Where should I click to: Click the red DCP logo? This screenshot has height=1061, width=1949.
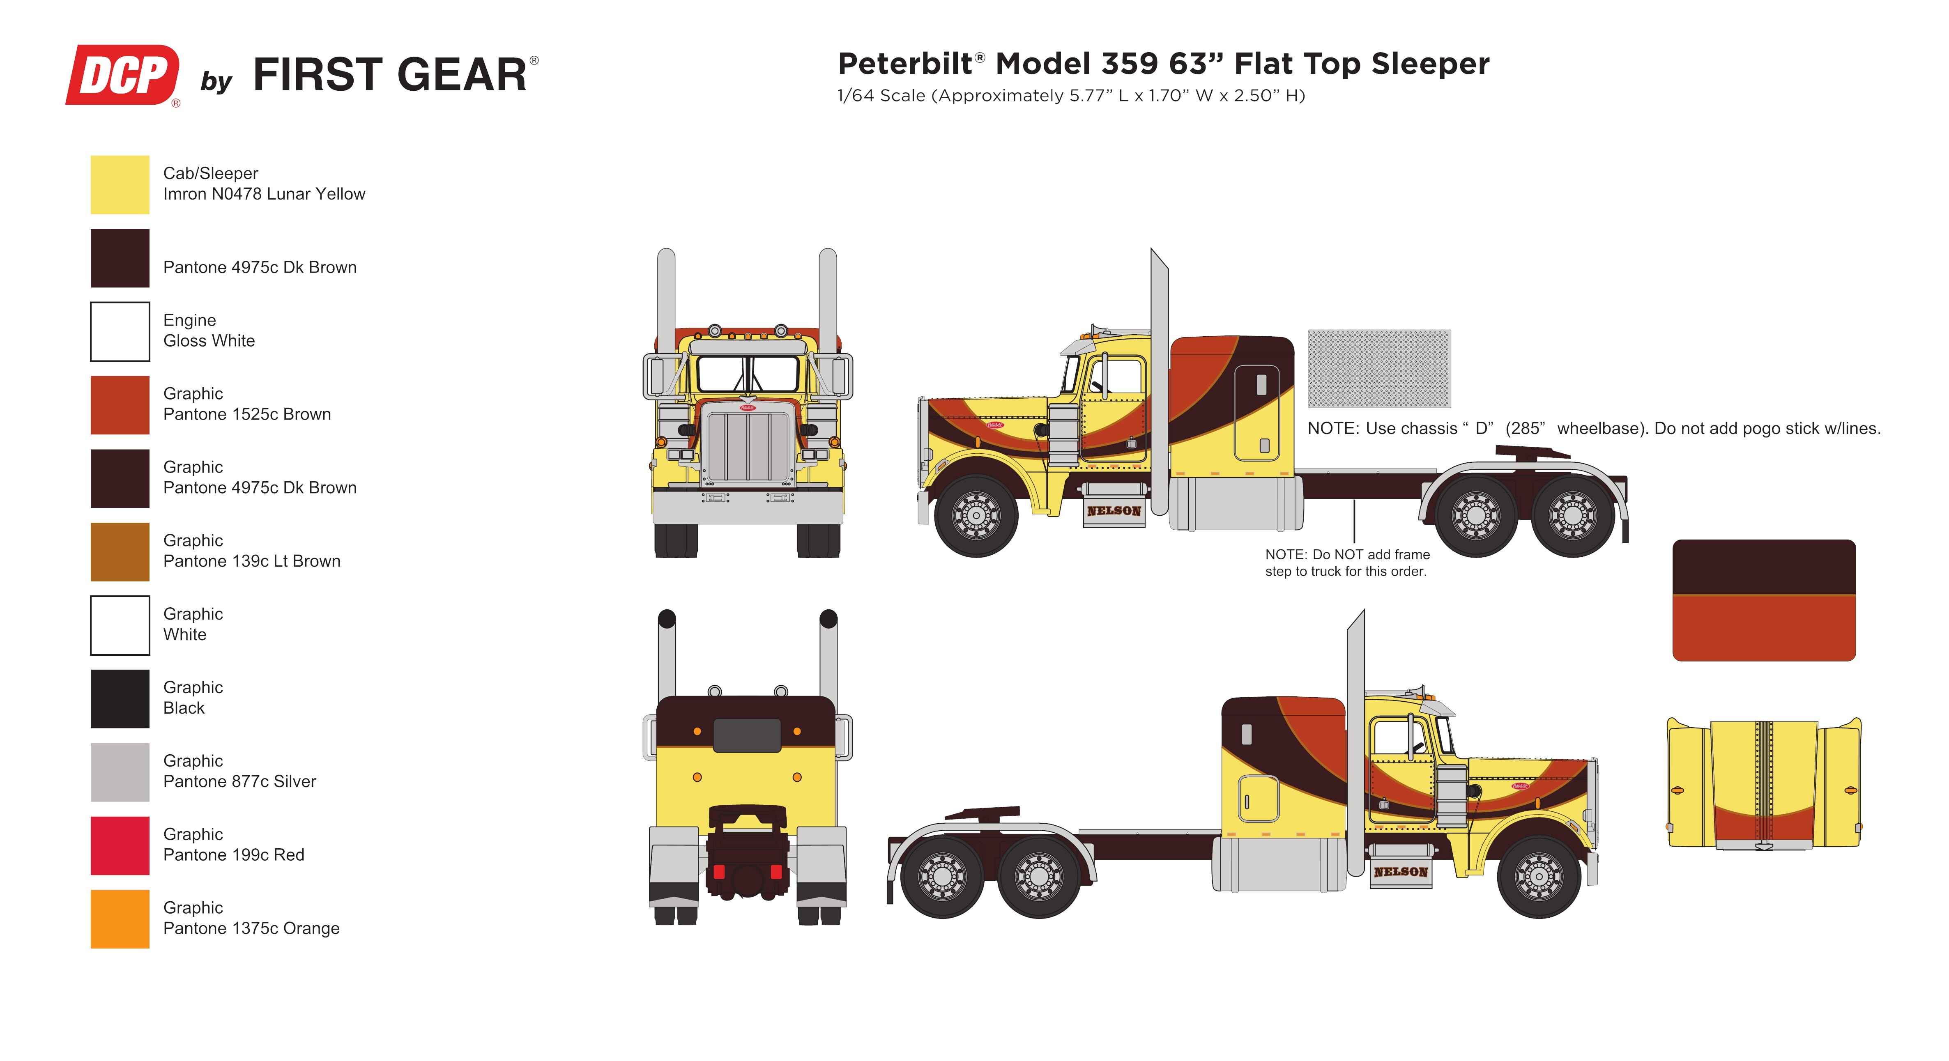pos(122,75)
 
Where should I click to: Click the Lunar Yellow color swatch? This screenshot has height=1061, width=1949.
pos(120,184)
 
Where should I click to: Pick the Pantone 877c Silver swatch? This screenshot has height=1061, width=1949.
pos(120,772)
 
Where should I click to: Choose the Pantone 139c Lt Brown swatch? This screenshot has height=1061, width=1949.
pos(120,552)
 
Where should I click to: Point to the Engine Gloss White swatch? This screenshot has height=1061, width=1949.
pos(120,331)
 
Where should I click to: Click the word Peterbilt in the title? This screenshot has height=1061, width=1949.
pos(905,64)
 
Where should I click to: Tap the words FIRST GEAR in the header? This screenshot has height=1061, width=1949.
pos(390,75)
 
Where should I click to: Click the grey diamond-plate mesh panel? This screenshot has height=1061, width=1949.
pos(1378,368)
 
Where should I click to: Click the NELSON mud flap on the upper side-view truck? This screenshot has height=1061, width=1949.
pos(1114,511)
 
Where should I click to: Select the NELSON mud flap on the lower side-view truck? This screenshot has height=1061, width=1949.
pos(1401,872)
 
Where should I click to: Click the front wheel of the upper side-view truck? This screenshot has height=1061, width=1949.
pos(976,516)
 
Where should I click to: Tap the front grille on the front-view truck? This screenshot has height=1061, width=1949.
pos(748,446)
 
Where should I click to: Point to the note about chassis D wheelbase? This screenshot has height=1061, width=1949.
pos(1592,428)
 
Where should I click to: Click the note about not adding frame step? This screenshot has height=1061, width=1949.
pos(1347,563)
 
